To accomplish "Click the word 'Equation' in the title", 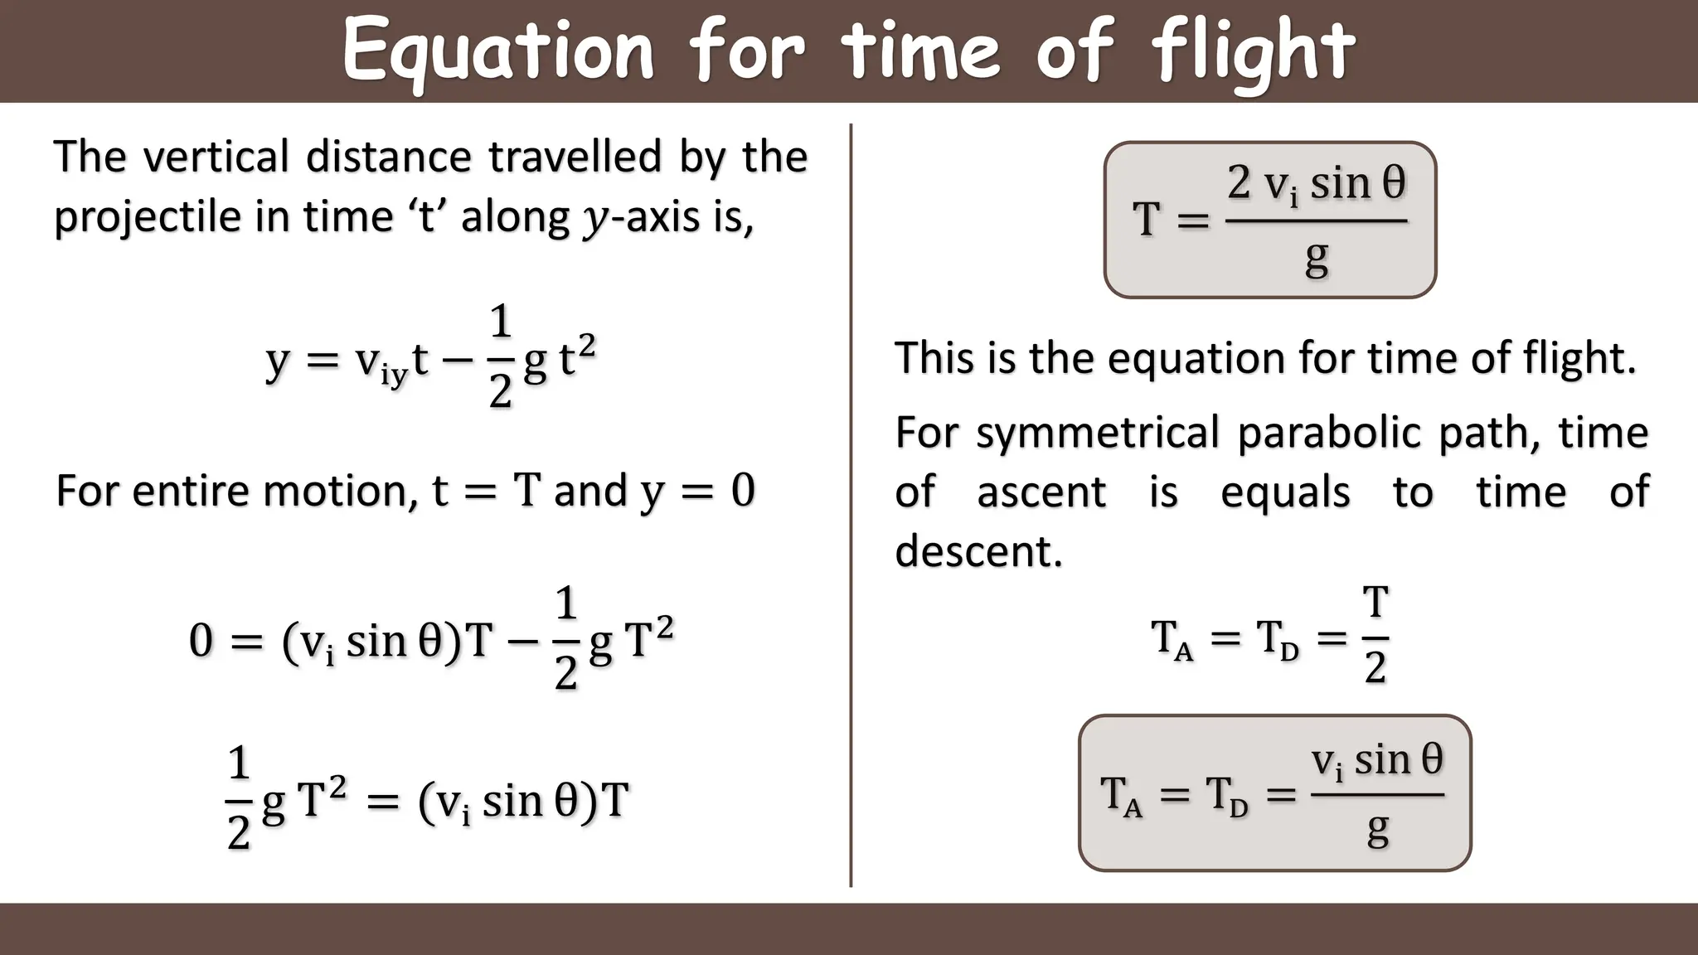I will click(497, 51).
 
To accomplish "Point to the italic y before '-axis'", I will click(594, 220).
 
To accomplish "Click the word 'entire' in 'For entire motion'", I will click(196, 490).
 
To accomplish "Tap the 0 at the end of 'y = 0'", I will click(743, 490).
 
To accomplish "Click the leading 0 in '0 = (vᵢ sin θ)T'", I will click(201, 641).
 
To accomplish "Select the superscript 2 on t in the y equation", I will click(587, 345).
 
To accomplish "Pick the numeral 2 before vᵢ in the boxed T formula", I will click(1239, 182).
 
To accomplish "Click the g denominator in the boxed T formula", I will click(1317, 259).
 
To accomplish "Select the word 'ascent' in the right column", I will click(1041, 492).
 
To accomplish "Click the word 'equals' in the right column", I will click(1285, 492).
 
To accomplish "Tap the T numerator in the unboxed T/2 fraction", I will click(1375, 602).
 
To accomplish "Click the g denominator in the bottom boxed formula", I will click(1378, 828).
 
